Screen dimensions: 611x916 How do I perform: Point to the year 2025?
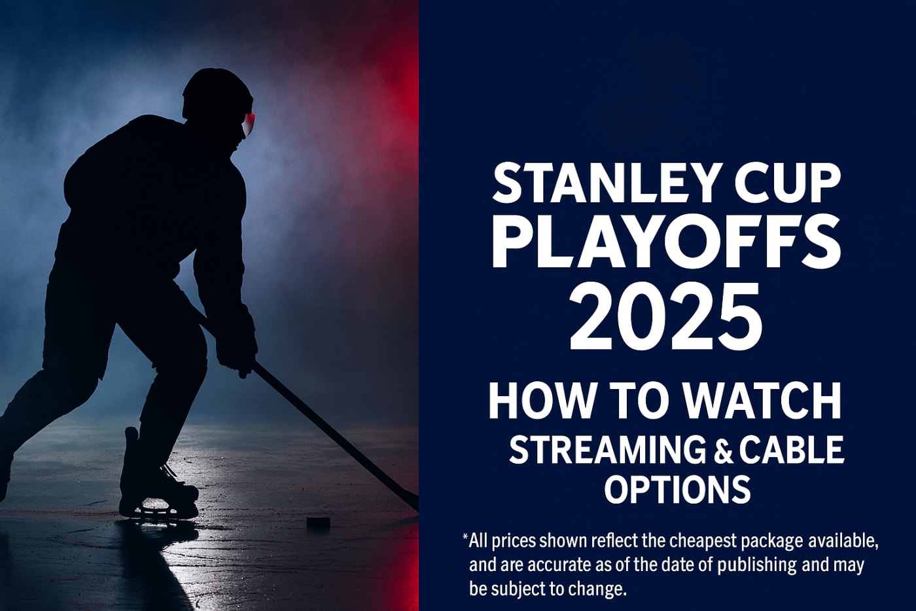click(665, 317)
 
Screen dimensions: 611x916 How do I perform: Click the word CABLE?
click(790, 451)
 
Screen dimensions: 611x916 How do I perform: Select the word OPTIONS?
click(677, 489)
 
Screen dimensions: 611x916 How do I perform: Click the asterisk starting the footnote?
click(465, 538)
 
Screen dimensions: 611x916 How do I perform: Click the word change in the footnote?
click(597, 589)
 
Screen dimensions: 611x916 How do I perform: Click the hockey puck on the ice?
click(319, 521)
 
